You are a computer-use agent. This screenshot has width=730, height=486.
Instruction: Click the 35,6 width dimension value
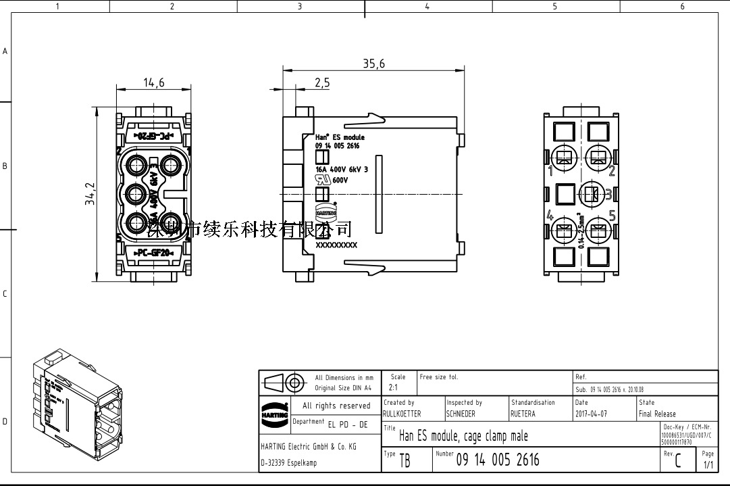[373, 64]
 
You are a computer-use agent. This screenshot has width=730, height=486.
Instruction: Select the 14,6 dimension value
[154, 82]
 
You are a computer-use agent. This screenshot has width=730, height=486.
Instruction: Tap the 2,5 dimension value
[322, 82]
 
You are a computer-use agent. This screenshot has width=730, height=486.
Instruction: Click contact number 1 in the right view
[551, 170]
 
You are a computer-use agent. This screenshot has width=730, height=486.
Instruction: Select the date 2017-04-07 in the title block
[591, 414]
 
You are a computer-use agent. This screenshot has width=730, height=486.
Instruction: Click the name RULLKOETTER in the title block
[402, 414]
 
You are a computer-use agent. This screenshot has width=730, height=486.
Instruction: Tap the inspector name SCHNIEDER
[461, 414]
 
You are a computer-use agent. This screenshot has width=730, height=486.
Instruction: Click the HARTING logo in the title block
[274, 412]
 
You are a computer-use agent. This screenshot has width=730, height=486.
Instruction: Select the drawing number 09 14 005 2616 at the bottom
[498, 460]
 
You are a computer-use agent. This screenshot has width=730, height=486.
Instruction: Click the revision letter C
[677, 462]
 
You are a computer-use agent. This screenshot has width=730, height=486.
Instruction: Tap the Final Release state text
[657, 414]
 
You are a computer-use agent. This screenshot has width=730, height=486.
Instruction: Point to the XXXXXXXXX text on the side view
[336, 245]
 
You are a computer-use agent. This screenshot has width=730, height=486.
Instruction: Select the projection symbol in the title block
[284, 383]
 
